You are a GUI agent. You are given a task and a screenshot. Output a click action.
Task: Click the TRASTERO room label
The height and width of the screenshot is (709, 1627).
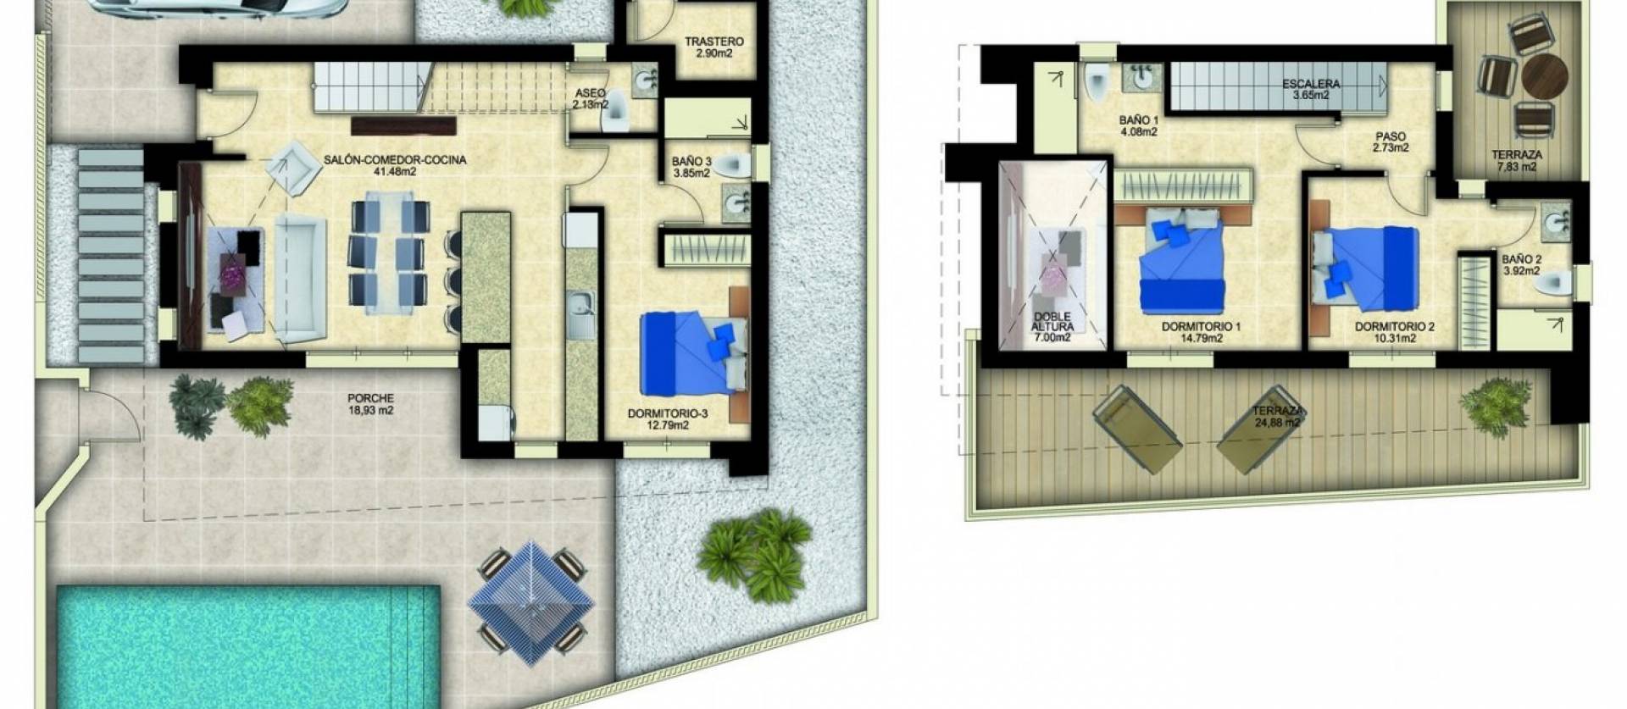coord(714,42)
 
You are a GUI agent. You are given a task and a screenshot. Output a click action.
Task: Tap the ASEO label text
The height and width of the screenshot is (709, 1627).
coord(590,93)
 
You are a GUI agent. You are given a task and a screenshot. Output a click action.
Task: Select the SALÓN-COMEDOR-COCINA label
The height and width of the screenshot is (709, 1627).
coord(395,159)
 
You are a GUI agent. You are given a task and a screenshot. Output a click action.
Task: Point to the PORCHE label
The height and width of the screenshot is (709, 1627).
coord(370,398)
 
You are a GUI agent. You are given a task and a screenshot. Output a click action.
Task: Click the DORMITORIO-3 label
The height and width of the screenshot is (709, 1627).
coord(668,414)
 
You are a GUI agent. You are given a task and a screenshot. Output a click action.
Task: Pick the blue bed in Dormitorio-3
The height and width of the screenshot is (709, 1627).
coord(688,353)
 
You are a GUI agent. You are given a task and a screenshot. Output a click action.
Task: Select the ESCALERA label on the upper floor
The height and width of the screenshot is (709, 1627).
coord(1310,84)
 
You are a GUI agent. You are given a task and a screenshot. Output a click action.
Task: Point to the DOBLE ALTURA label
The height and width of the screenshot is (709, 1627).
coord(1053,321)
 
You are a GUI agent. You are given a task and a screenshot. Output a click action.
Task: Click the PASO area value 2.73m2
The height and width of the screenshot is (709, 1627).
coord(1390,147)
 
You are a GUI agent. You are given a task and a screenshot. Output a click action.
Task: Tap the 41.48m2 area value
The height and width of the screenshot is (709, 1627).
coord(395,171)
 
